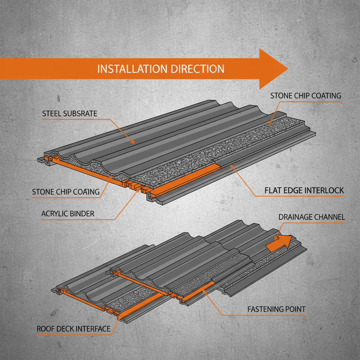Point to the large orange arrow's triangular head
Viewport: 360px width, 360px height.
[272, 69]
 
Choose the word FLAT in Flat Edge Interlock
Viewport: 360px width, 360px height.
[273, 191]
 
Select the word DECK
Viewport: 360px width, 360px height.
[68, 329]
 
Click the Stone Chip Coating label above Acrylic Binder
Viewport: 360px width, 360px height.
[66, 192]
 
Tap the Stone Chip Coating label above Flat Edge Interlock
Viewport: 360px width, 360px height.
[306, 96]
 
